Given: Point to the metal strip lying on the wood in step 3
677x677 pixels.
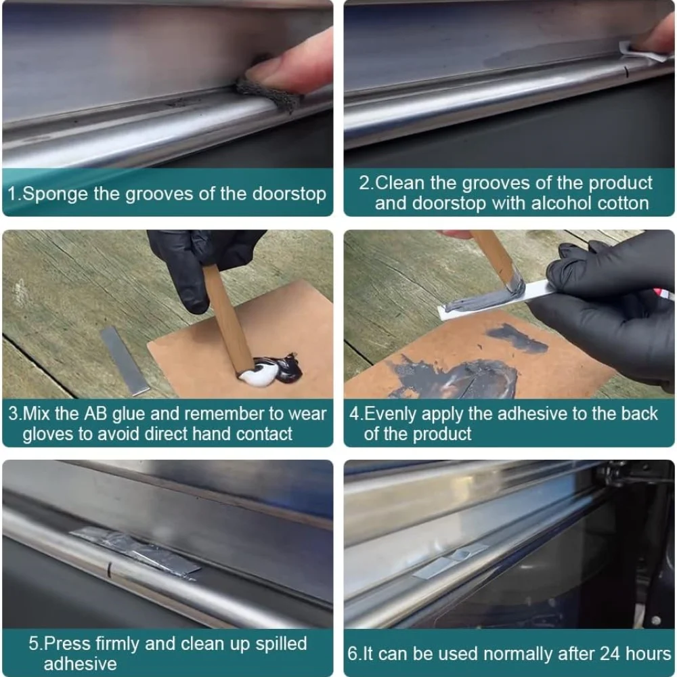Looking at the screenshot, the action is coord(125,360).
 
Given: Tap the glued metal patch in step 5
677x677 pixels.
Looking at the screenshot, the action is coord(135,551).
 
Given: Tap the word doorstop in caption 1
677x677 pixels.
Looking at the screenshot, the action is coord(289,194).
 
